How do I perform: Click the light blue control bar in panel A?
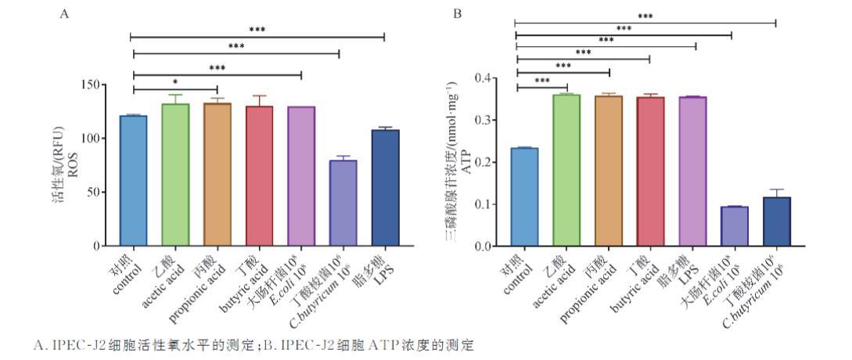click(134, 181)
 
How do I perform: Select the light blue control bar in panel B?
click(524, 196)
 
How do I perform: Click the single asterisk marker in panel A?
click(174, 81)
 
